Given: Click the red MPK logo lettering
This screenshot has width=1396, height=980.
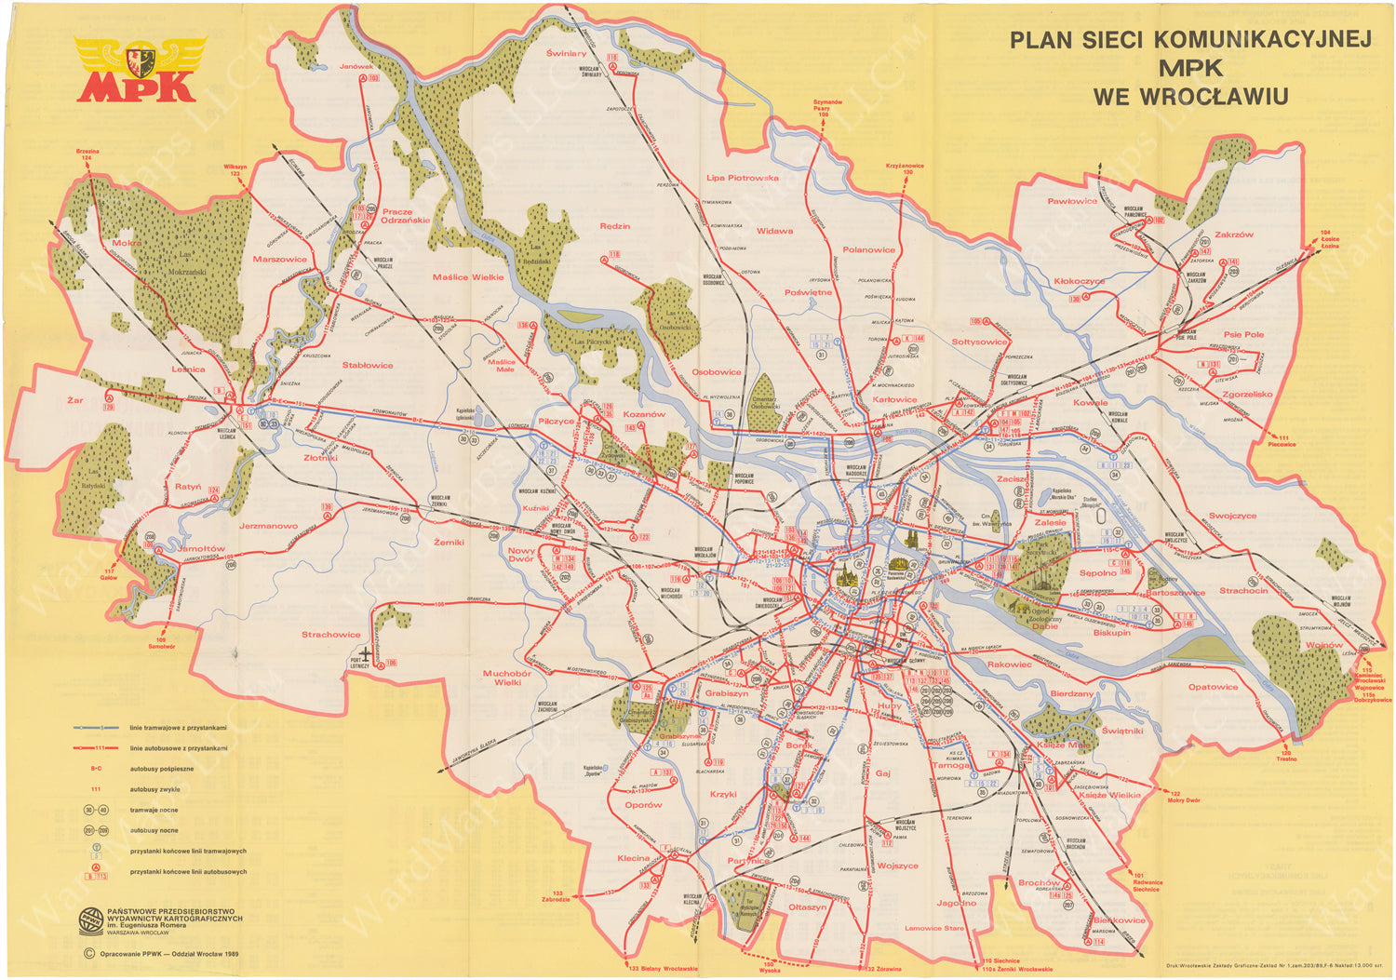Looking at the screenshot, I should (136, 86).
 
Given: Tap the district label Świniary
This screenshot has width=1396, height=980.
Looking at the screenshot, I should (566, 53).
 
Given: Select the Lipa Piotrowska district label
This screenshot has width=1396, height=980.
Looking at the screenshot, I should (742, 177).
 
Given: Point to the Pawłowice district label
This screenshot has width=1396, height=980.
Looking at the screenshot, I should (1072, 201).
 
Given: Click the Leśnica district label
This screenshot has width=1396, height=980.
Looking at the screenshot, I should (188, 369).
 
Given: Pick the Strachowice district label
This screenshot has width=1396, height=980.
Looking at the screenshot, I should (330, 635).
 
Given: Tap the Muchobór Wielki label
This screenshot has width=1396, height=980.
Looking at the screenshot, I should (507, 678).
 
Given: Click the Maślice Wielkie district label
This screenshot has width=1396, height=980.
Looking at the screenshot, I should (467, 276).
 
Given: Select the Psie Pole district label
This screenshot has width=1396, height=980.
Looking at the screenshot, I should (1243, 334).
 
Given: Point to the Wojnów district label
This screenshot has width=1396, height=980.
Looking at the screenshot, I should (1323, 645).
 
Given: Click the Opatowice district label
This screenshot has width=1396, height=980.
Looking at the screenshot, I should (1213, 687).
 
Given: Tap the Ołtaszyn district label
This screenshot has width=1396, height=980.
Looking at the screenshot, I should (807, 906).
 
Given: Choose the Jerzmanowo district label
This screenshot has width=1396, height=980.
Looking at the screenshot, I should (268, 526).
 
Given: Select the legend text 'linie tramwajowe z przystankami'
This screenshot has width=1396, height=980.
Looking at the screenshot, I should (179, 727).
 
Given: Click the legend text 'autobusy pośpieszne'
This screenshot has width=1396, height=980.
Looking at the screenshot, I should (162, 769).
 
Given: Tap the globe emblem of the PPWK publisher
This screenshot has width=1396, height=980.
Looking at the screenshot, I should (90, 918).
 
